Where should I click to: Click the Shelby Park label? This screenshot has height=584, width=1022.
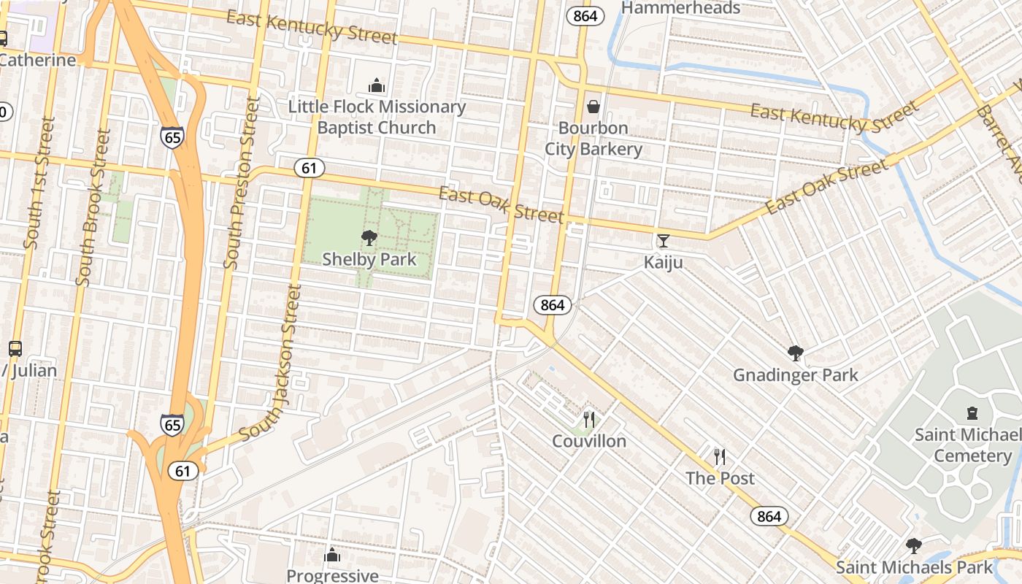coord(369,259)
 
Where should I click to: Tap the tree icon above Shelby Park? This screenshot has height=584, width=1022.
coord(369,237)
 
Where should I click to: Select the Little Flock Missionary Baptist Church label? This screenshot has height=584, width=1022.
coord(377,117)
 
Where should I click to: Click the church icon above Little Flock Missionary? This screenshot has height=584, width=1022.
coord(377,86)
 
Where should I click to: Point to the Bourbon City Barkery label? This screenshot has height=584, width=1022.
coord(593,139)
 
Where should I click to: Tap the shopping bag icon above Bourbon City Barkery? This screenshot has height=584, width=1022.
coord(593,107)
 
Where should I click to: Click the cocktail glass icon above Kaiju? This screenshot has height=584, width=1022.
coord(663,240)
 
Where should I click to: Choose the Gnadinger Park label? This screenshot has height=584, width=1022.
coord(796,375)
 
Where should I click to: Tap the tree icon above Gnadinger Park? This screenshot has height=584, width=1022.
coord(796,354)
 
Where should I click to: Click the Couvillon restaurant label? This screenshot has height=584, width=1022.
coord(589,441)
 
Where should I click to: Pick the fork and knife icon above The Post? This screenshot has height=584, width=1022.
coord(720,457)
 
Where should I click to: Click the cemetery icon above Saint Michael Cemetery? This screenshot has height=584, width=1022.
coord(972,414)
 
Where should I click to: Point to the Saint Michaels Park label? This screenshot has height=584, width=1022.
coord(914,567)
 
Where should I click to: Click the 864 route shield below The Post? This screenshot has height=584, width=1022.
coord(769,517)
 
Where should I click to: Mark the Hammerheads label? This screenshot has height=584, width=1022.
coord(680,8)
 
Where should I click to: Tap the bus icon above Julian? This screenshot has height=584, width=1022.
coord(15,349)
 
